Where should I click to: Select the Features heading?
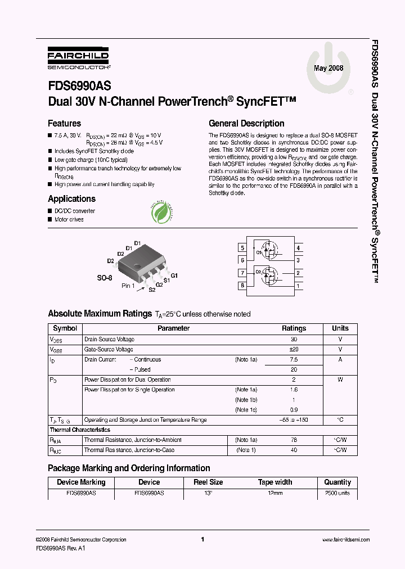coord(64,123)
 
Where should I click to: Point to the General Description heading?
coord(246,123)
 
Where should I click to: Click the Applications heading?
coord(71,198)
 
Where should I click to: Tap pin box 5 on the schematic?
coord(242,248)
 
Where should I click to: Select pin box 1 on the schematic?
coord(298,286)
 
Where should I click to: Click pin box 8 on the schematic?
coord(242,286)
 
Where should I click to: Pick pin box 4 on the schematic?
coord(298,248)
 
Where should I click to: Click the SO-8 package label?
coord(105,278)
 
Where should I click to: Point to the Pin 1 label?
coord(128,286)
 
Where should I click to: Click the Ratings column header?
coord(294,328)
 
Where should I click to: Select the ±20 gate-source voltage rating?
coord(294,349)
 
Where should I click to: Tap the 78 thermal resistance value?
coord(294,440)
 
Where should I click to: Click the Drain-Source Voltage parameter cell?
coord(109,339)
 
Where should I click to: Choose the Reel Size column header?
coord(208,482)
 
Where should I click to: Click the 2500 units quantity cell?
coord(337,493)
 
